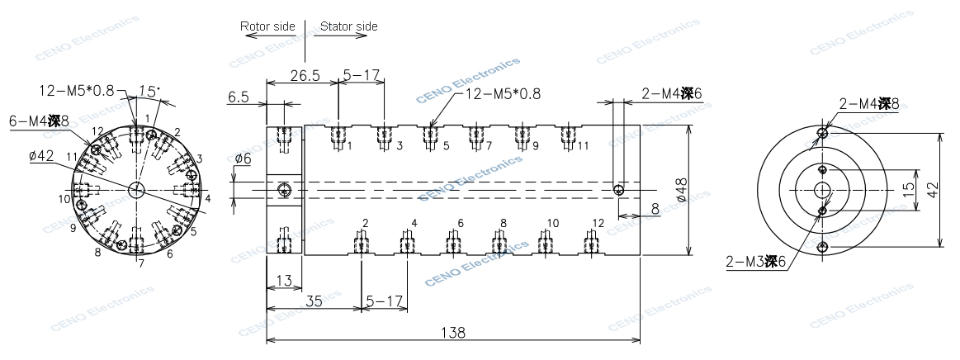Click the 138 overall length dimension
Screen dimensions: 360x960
[453, 333]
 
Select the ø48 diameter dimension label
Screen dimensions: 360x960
[681, 191]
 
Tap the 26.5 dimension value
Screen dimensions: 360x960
[305, 75]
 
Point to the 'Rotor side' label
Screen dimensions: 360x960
[267, 26]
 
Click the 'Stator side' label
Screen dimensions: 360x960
[348, 26]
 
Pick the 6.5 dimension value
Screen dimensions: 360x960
[238, 97]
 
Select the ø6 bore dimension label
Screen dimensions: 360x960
[243, 158]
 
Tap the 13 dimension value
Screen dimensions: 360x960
[283, 282]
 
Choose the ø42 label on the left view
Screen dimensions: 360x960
[41, 157]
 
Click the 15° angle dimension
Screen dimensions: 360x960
[149, 90]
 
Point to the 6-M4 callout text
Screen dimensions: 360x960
[40, 121]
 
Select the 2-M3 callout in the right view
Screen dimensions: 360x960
[754, 263]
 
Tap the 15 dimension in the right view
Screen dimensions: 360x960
[908, 189]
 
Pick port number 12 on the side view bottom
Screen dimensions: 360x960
[598, 223]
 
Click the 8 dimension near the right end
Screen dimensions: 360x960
[654, 210]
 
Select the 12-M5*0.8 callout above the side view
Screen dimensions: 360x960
[504, 94]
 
